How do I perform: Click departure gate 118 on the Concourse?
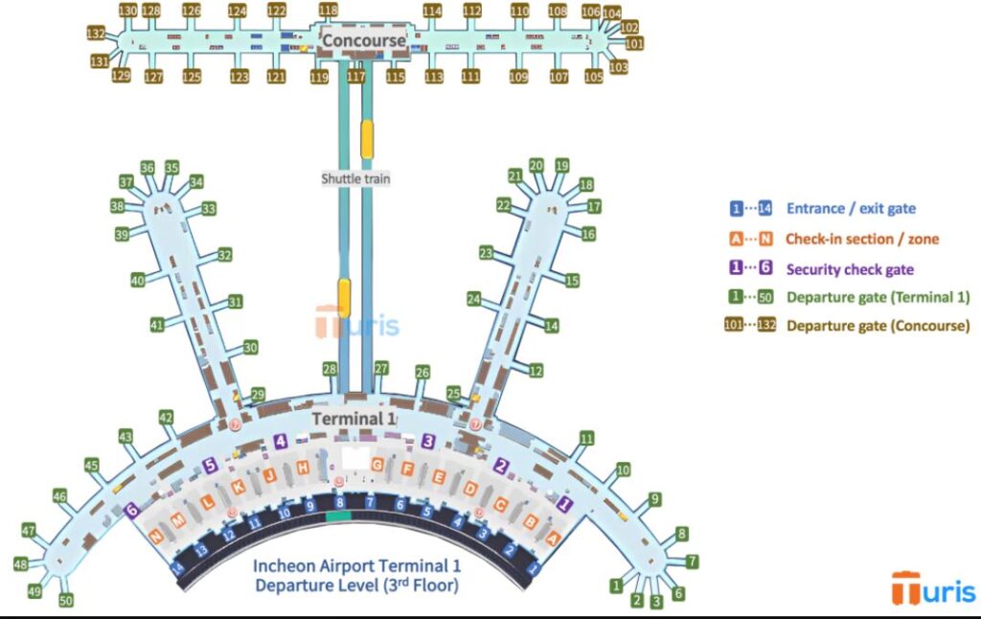pyautogui.click(x=329, y=11)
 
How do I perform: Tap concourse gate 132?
pyautogui.click(x=96, y=33)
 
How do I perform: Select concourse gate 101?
pyautogui.click(x=634, y=43)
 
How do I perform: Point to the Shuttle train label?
pyautogui.click(x=356, y=179)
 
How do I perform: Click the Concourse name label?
pyautogui.click(x=363, y=40)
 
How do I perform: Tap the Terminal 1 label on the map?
pyautogui.click(x=353, y=419)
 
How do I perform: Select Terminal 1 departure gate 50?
pyautogui.click(x=65, y=601)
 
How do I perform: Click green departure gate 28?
pyautogui.click(x=330, y=369)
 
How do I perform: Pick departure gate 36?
pyautogui.click(x=148, y=168)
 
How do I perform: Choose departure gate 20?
pyautogui.click(x=536, y=166)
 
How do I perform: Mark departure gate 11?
pyautogui.click(x=586, y=439)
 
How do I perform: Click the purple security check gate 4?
pyautogui.click(x=281, y=442)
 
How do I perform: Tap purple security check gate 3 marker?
pyautogui.click(x=428, y=441)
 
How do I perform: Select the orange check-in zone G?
pyautogui.click(x=377, y=465)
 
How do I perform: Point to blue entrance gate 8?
pyautogui.click(x=339, y=502)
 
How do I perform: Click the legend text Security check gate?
pyautogui.click(x=850, y=270)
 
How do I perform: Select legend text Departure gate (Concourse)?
pyautogui.click(x=878, y=326)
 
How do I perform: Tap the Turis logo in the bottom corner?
pyautogui.click(x=933, y=587)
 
